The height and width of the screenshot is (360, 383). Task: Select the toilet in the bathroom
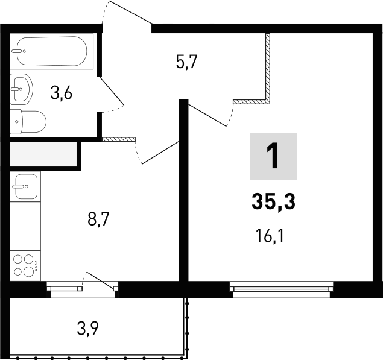tap(28, 122)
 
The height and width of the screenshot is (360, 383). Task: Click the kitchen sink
tap(25, 186)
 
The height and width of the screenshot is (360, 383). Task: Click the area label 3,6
tap(62, 94)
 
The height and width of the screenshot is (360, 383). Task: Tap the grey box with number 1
tap(273, 157)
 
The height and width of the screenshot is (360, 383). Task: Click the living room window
tap(281, 289)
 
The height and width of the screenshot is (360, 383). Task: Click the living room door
tap(208, 115)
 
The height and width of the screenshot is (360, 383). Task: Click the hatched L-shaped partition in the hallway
tap(266, 78)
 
